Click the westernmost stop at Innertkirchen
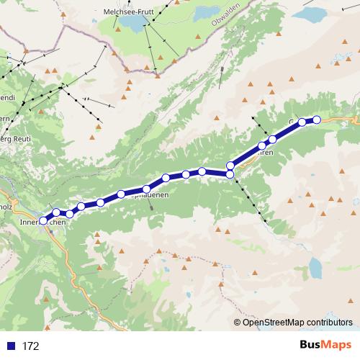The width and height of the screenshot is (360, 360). pos(43,220)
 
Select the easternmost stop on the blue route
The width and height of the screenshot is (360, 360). pos(316,120)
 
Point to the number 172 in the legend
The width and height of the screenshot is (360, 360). pos(31,346)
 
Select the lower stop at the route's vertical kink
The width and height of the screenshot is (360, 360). pos(230,174)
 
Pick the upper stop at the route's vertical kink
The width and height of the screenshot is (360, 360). pos(230,166)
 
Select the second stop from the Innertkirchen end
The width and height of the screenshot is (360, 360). pos(56,212)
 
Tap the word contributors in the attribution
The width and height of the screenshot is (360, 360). pos(329,323)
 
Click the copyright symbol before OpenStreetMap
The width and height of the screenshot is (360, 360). pos(238,323)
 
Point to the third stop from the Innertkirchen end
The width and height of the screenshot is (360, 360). pos(70,214)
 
